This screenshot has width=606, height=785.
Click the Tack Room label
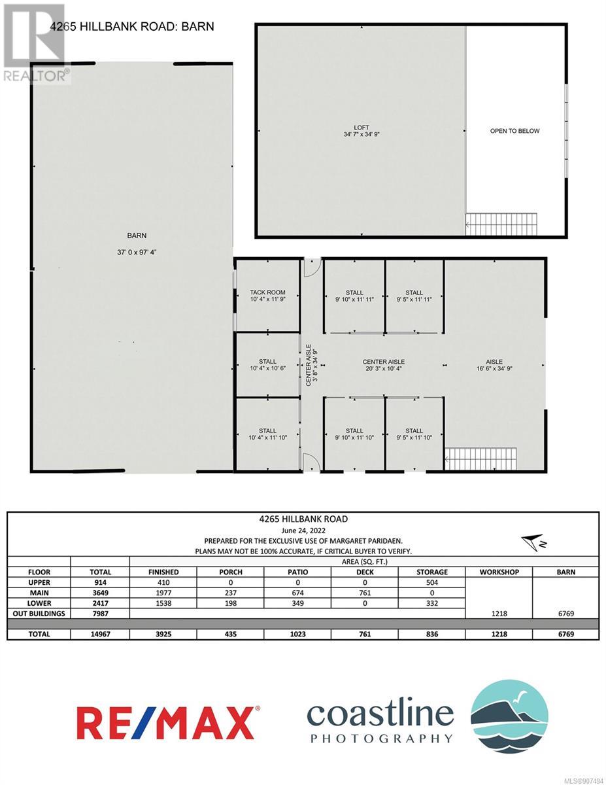[x=267, y=292]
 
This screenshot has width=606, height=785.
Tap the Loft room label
[x=362, y=128]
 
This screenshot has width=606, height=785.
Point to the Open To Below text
[x=514, y=131]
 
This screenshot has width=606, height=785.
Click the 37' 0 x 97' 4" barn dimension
[x=137, y=252]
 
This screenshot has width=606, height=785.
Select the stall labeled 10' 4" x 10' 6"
[x=267, y=365]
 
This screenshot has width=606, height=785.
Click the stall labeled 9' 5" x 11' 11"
[x=414, y=296]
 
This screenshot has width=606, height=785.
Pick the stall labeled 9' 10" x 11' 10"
[x=354, y=434]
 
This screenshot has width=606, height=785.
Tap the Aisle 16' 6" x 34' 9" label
[x=494, y=365]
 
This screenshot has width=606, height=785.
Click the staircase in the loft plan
[x=501, y=224]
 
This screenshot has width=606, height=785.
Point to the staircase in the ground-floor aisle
[x=480, y=459]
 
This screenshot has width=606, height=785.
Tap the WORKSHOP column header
[x=499, y=572]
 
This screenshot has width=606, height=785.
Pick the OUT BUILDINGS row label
[x=39, y=614]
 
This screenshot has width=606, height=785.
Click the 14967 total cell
[x=100, y=634]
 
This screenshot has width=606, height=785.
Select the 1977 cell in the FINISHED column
[x=163, y=593]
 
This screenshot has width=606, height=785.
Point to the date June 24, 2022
[x=303, y=531]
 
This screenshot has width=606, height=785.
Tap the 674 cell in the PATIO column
[x=297, y=593]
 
